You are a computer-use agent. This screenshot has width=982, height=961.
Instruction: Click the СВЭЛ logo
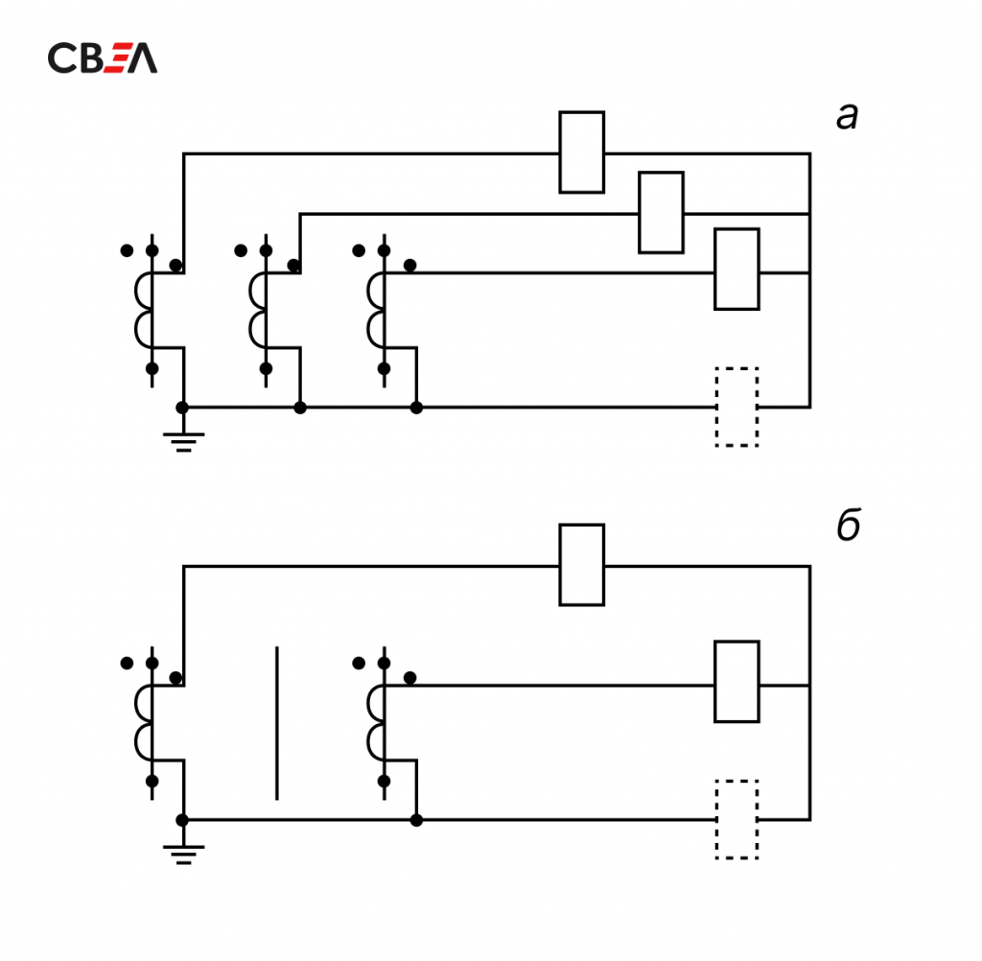[103, 59]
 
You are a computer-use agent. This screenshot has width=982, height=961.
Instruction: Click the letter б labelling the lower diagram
[848, 527]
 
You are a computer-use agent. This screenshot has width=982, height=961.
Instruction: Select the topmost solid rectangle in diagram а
[581, 152]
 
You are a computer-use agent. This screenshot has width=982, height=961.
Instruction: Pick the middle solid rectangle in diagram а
[661, 212]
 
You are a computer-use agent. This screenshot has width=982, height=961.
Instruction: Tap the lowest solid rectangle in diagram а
[736, 270]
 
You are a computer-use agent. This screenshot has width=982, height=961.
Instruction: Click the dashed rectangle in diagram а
[736, 407]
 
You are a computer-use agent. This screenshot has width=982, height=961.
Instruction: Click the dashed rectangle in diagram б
[736, 819]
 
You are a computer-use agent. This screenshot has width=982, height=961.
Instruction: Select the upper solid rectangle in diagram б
[581, 565]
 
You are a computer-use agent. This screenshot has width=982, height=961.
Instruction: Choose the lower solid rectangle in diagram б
[736, 681]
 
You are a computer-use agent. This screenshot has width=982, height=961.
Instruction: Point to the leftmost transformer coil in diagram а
[144, 310]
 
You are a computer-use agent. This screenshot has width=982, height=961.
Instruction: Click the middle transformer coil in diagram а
[259, 310]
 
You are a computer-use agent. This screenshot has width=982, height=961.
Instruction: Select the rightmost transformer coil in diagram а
[376, 310]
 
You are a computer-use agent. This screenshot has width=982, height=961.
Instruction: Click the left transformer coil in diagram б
[144, 721]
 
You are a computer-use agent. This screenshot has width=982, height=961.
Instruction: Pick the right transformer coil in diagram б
[376, 721]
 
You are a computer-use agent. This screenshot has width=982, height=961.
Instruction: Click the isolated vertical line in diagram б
[277, 723]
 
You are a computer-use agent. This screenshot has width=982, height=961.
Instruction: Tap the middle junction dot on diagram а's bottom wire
[299, 408]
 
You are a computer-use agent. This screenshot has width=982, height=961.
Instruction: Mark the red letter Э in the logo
[115, 59]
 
